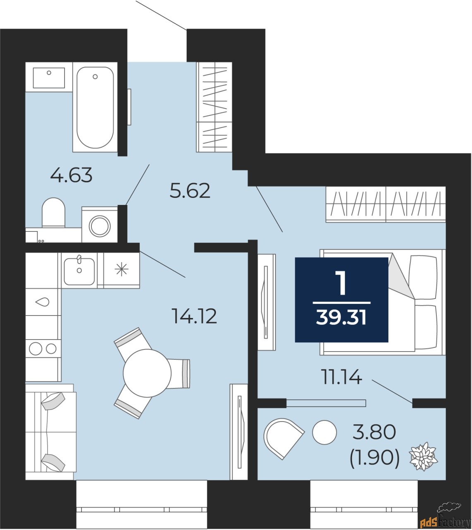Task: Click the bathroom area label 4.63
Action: [x=71, y=175]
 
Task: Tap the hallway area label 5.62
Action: [x=190, y=191]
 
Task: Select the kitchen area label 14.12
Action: [x=194, y=317]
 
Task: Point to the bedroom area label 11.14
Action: [x=342, y=377]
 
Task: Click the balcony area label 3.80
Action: [x=374, y=433]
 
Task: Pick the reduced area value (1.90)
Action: [x=375, y=458]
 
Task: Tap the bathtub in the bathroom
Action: [x=95, y=107]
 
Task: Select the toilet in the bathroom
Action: [x=54, y=212]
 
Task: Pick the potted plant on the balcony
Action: [x=423, y=456]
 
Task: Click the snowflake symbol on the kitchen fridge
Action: [x=121, y=270]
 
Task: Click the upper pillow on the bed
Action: [x=423, y=277]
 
